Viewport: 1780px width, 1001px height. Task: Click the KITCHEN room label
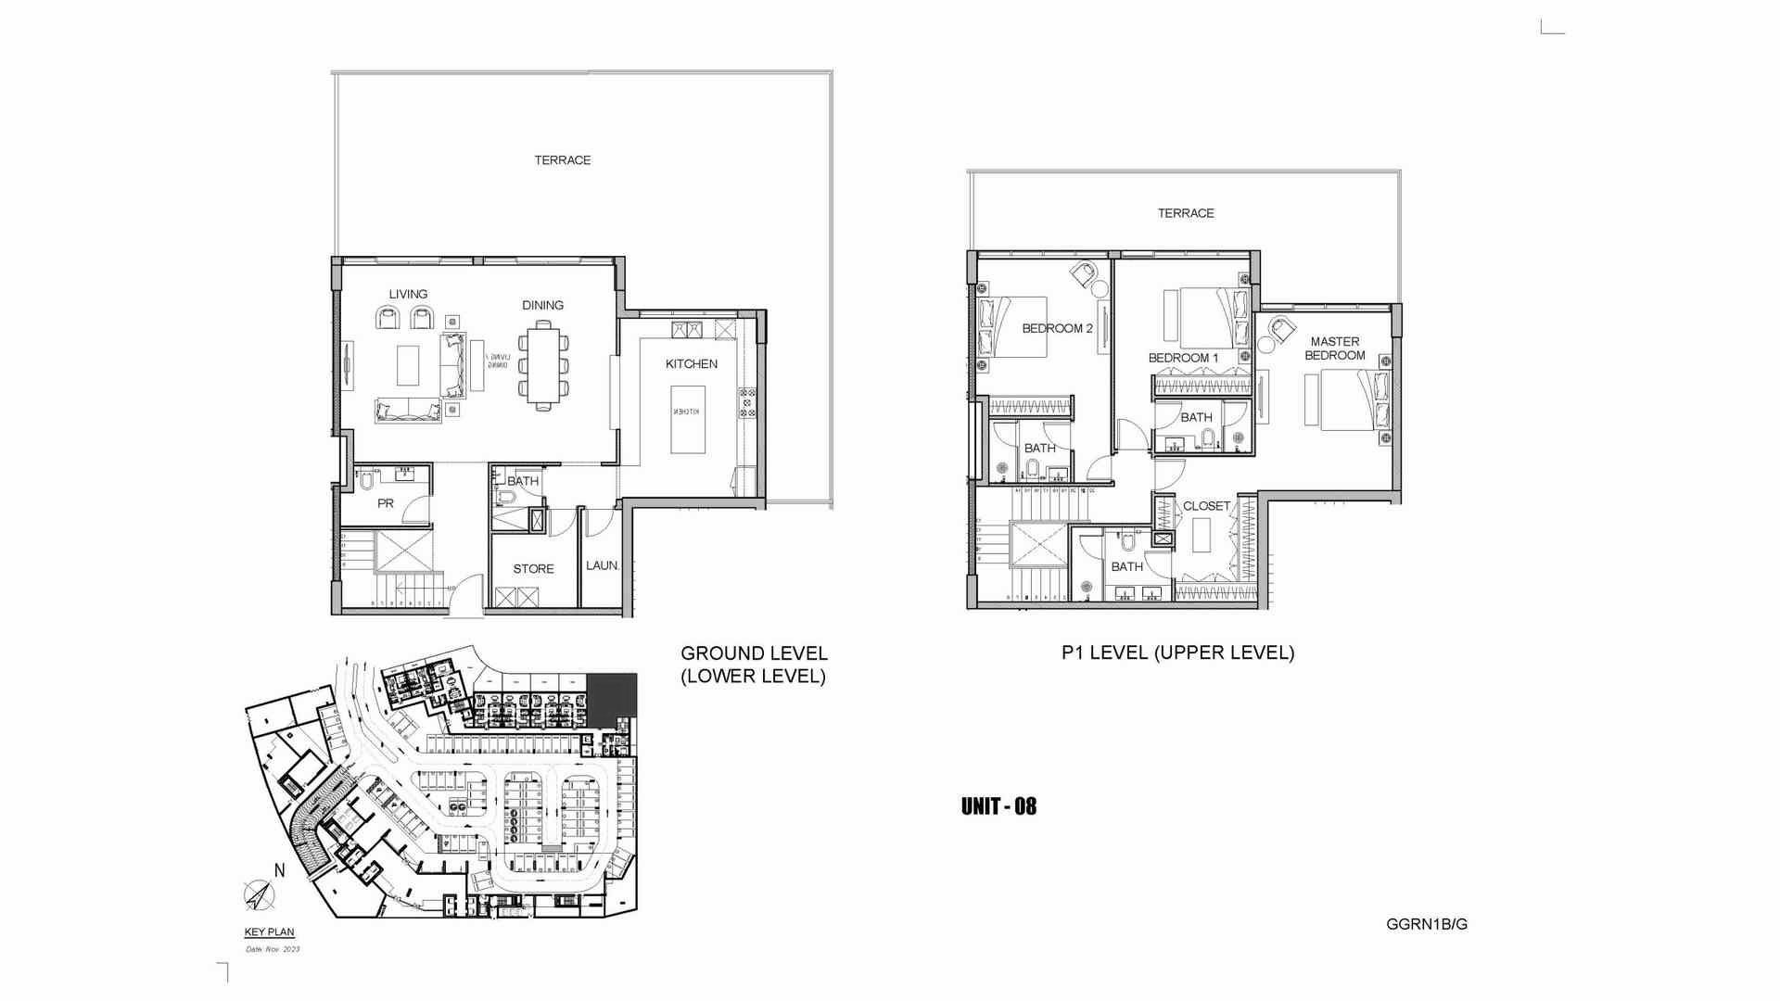691,364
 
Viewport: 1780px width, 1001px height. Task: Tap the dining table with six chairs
543,362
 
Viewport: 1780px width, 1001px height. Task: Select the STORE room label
533,569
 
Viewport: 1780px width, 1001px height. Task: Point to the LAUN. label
602,565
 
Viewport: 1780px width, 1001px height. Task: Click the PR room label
386,504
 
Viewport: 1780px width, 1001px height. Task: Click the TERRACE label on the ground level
562,160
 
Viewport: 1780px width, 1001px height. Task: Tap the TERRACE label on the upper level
1185,213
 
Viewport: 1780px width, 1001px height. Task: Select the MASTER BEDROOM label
1335,348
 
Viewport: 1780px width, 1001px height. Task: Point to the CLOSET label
1206,506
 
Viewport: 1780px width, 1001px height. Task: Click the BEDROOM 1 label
1183,358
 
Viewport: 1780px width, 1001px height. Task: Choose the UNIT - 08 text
998,806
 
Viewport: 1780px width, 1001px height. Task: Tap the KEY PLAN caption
269,933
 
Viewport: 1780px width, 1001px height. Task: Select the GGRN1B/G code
1427,924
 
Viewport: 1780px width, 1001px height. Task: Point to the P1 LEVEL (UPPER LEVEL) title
1177,653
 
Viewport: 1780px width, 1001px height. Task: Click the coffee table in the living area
409,364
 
